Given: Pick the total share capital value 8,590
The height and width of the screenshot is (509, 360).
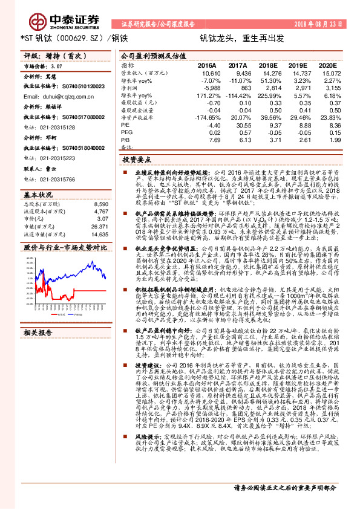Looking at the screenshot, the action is coord(101,205).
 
